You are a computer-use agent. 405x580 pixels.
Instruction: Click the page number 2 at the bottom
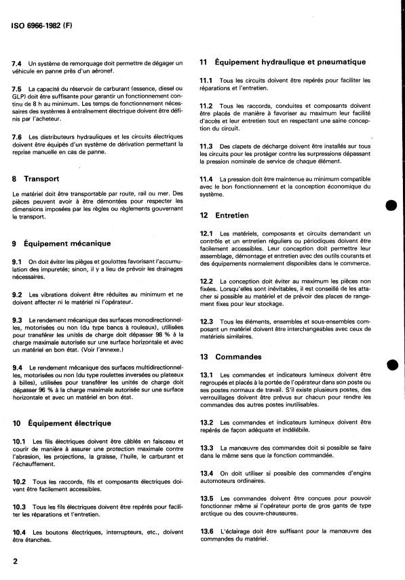15,562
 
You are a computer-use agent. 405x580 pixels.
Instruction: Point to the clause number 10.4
19,532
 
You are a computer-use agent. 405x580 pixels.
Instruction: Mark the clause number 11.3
206,146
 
